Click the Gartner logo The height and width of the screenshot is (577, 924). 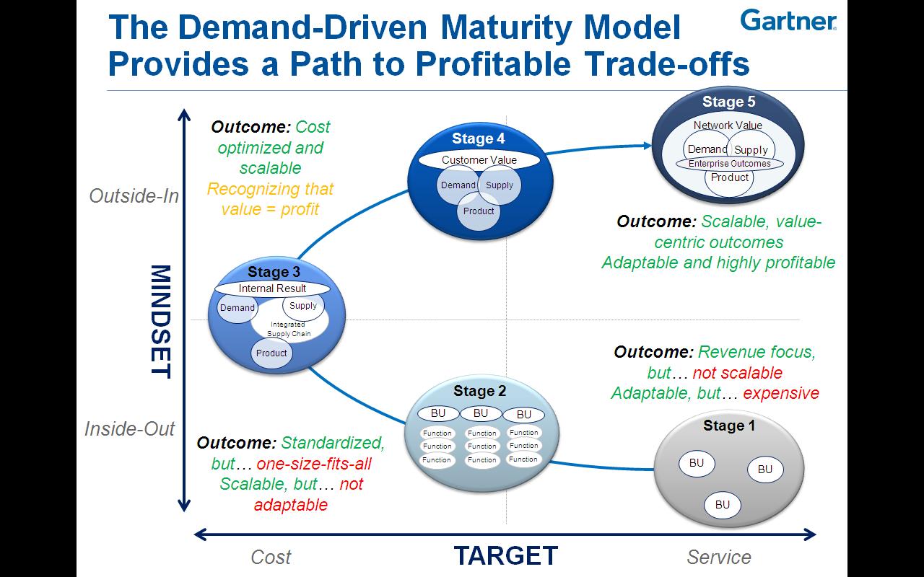click(x=788, y=21)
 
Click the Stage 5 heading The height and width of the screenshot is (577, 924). click(x=728, y=102)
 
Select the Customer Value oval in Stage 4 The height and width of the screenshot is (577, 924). click(x=479, y=160)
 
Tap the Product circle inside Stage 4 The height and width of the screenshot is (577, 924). click(x=479, y=211)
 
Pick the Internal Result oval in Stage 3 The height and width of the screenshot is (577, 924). click(x=272, y=288)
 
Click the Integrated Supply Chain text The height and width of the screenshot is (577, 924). click(x=288, y=330)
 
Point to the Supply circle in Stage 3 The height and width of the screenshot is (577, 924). click(x=303, y=306)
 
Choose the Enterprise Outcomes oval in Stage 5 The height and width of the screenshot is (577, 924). click(x=729, y=164)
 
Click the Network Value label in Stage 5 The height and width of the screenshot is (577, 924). click(x=728, y=125)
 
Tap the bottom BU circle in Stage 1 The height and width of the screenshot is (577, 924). click(x=723, y=505)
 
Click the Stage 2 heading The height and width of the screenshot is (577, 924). click(x=479, y=392)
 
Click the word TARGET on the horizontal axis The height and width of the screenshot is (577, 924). click(x=505, y=555)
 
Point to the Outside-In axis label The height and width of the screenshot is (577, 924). click(x=134, y=196)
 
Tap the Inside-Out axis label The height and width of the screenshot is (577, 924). click(x=130, y=429)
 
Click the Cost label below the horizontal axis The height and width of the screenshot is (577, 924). click(x=271, y=557)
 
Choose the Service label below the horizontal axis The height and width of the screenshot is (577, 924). click(x=718, y=557)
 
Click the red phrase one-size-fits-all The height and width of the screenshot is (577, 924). click(x=314, y=464)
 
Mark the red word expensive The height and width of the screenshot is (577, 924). click(x=781, y=393)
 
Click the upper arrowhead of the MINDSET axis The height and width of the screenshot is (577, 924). click(x=185, y=115)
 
